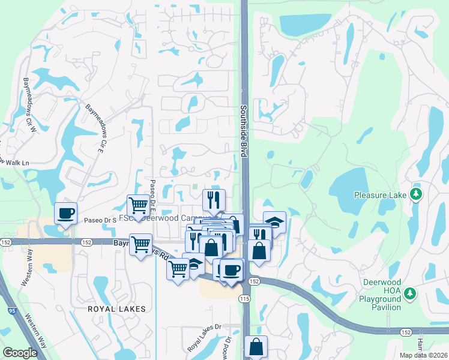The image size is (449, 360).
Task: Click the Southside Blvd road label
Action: click(x=244, y=131)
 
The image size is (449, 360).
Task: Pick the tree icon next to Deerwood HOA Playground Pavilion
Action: click(x=411, y=293)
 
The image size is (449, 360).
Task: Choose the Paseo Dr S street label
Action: click(x=100, y=220)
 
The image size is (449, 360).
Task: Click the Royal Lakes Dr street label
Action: click(x=204, y=338)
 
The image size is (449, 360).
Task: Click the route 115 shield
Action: click(x=245, y=298)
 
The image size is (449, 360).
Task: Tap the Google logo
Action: click(x=20, y=353)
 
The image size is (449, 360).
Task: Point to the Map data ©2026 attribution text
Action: click(x=423, y=355)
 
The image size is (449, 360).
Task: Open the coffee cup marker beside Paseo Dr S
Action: click(x=65, y=212)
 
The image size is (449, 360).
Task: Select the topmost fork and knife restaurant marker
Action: click(x=214, y=199)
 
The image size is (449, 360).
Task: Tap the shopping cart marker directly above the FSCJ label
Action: click(x=139, y=205)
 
